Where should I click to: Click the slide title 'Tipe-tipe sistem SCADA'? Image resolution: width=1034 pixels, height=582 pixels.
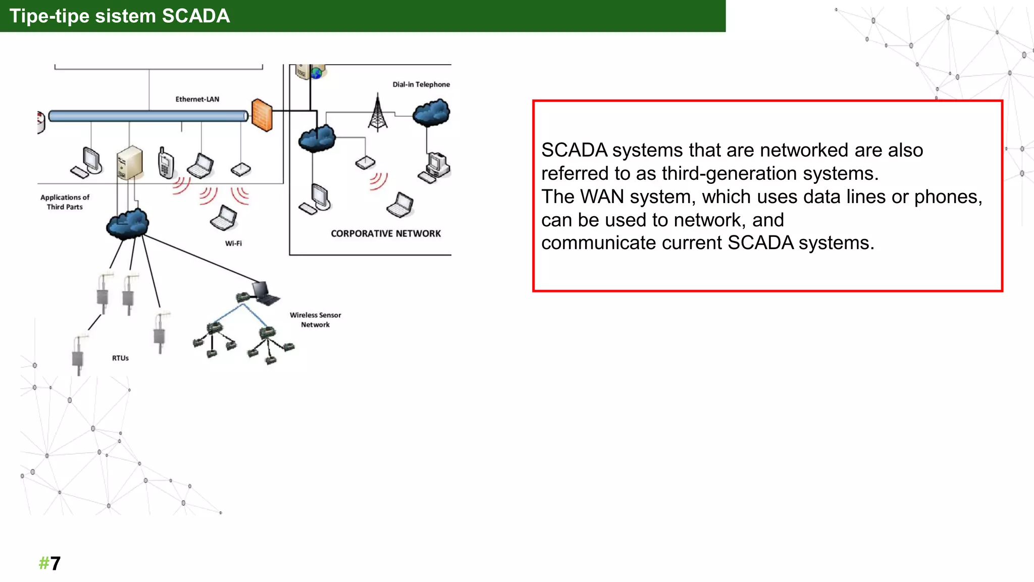[120, 16]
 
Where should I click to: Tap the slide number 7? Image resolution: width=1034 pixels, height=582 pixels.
[55, 563]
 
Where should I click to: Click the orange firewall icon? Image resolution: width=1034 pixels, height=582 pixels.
[262, 115]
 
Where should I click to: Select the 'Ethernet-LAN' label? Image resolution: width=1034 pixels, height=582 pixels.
[197, 99]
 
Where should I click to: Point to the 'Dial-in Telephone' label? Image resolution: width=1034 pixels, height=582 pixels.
[421, 84]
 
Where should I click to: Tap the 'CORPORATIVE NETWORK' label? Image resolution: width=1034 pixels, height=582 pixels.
[386, 233]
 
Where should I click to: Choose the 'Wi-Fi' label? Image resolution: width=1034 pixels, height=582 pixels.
[233, 244]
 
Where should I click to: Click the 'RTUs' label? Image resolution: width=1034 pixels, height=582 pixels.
[120, 358]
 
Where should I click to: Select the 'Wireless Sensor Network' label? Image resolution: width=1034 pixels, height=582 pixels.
[316, 320]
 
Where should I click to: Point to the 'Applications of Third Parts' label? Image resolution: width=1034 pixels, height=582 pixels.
[65, 202]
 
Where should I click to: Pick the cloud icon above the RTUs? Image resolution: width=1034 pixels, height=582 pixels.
[127, 223]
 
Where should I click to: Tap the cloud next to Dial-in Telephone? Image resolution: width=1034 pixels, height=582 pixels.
[431, 112]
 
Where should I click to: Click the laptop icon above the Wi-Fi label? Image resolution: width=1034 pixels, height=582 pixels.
[224, 218]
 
